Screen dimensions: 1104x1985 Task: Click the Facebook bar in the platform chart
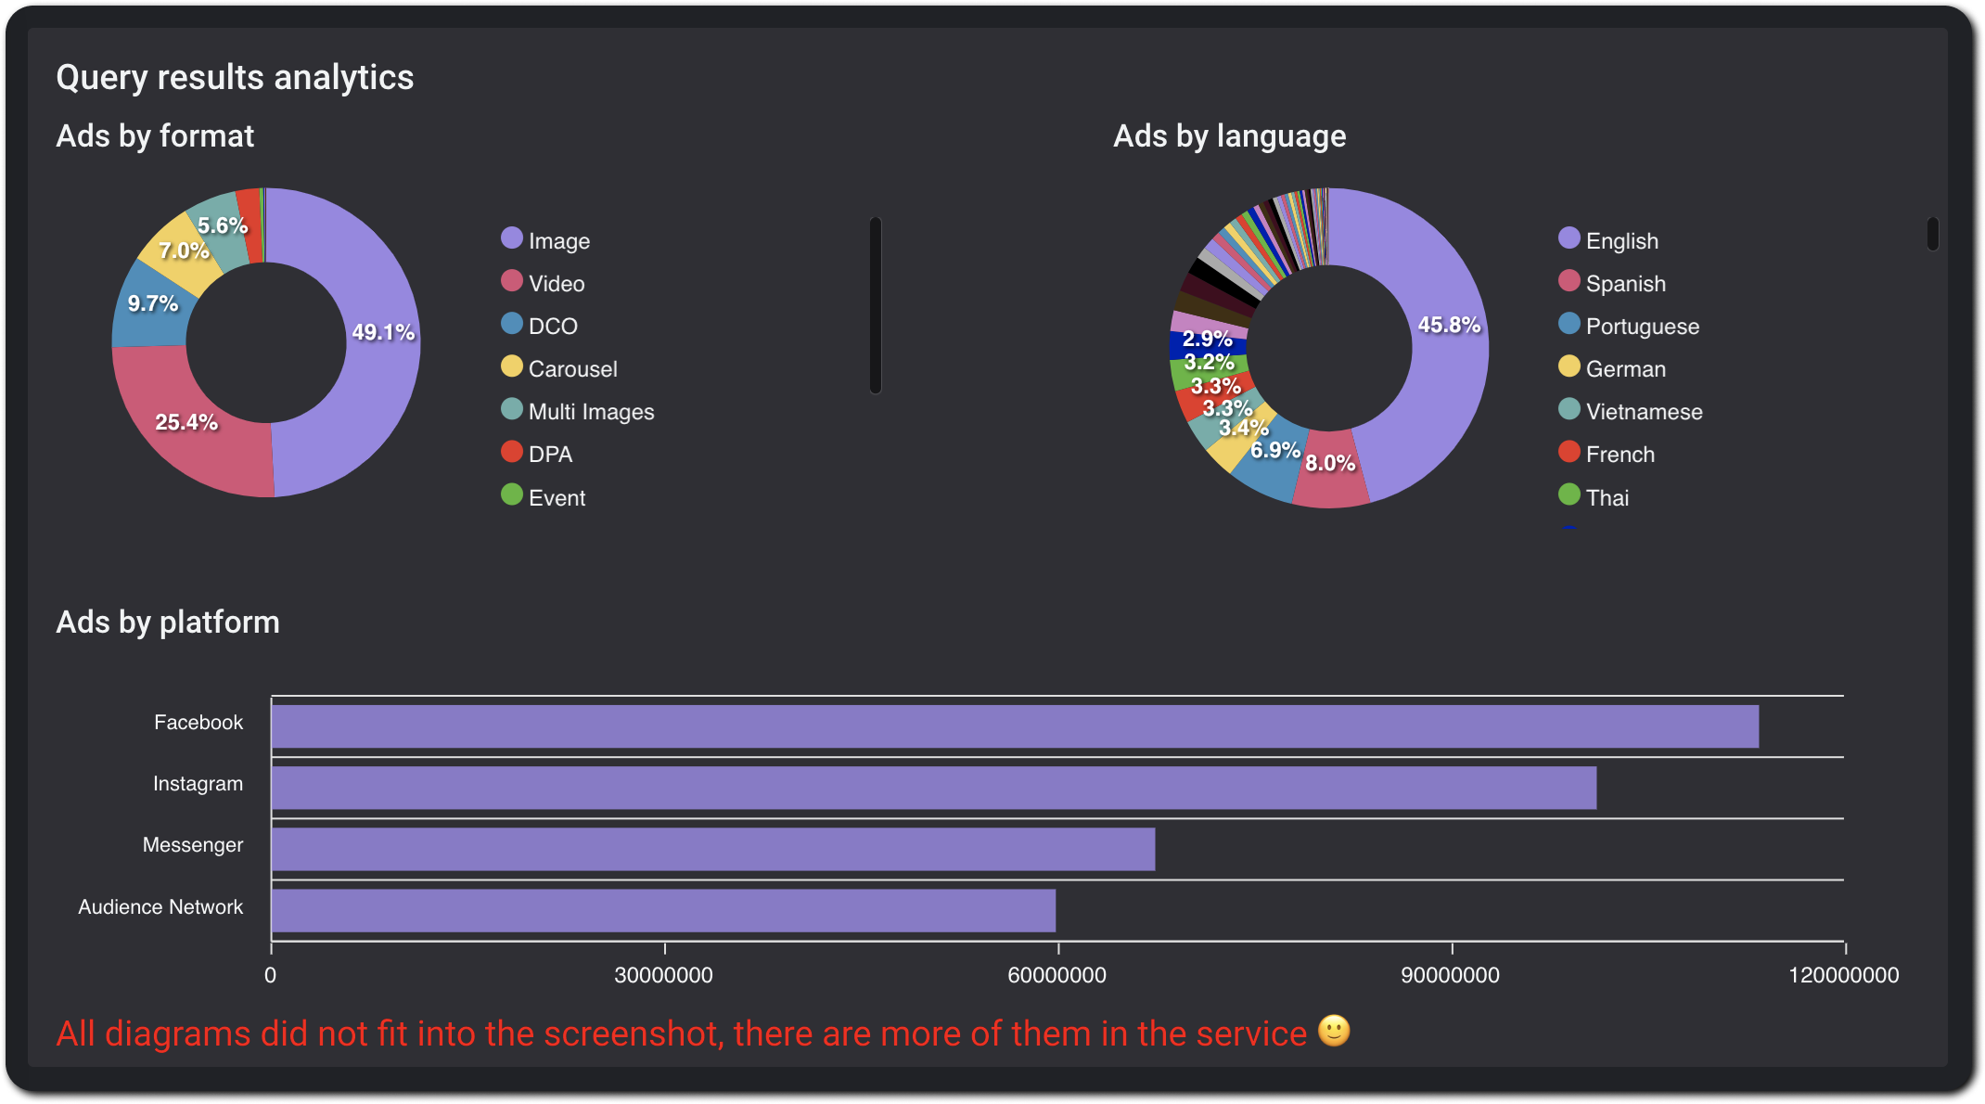(x=1015, y=726)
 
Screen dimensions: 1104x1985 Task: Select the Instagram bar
(x=933, y=788)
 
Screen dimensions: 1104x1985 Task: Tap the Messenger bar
(x=712, y=849)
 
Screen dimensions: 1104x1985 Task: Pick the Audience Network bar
(x=663, y=910)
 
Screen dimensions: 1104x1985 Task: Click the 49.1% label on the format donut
(x=383, y=332)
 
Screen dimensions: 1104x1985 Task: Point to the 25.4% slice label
(x=186, y=422)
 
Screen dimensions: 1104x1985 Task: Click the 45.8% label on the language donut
(x=1449, y=325)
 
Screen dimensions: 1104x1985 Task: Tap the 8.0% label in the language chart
(x=1330, y=463)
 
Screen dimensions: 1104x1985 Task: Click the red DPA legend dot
(x=512, y=452)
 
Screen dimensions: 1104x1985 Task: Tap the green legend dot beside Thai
(x=1569, y=494)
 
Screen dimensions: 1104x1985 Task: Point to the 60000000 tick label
(x=1057, y=975)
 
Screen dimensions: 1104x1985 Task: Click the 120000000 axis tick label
(x=1843, y=975)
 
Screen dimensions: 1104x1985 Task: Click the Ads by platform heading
(x=168, y=622)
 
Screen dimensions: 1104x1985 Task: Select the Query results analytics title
(x=235, y=77)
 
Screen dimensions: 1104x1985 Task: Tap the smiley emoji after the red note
(x=1334, y=1031)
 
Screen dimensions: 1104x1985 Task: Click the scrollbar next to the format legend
(x=876, y=305)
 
